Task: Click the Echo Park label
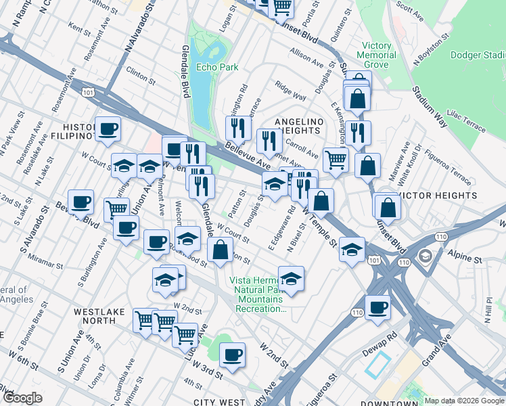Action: coord(214,67)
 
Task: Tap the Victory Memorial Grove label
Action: coord(377,55)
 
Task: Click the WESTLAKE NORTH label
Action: coord(101,317)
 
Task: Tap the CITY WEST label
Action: coord(219,402)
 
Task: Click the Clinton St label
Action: coord(141,75)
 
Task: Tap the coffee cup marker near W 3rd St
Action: coord(233,353)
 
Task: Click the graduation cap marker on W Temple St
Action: coord(351,250)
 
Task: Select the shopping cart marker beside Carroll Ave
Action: coord(335,160)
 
